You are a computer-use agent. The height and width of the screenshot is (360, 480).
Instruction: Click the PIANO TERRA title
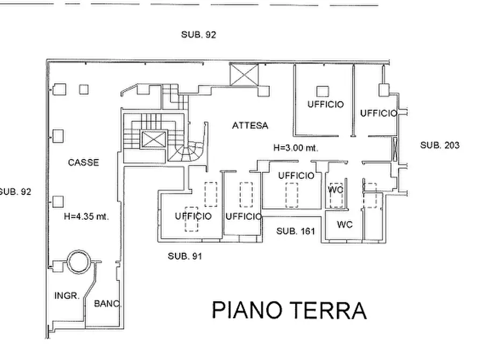click(x=289, y=311)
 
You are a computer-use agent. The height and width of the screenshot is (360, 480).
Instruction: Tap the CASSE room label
click(x=83, y=163)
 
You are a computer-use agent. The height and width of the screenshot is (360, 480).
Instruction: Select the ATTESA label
click(x=250, y=126)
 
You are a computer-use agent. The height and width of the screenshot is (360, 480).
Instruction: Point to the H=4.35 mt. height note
click(x=87, y=217)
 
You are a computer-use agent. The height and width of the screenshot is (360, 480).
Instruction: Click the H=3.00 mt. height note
click(x=296, y=148)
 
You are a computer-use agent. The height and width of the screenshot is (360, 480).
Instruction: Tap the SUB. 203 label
click(x=440, y=145)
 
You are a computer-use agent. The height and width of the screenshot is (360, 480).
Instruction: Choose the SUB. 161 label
click(x=296, y=231)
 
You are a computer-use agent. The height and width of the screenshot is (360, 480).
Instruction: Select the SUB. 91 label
click(x=185, y=256)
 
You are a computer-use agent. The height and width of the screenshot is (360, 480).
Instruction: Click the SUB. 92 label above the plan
click(x=199, y=34)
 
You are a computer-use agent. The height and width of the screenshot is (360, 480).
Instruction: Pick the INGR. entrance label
click(x=67, y=296)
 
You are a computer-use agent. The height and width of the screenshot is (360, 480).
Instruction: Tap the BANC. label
click(x=108, y=304)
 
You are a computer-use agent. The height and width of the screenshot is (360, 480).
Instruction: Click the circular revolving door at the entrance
click(x=78, y=262)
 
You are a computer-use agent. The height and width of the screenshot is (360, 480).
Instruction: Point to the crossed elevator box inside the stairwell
click(x=154, y=139)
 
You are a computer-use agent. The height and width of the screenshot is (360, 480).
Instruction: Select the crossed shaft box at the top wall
click(x=244, y=75)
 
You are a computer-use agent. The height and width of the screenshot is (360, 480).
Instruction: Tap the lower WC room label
click(x=345, y=225)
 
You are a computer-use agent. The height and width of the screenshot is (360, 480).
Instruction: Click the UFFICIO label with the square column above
click(x=326, y=104)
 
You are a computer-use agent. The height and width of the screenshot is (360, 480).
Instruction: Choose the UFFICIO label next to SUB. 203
click(x=379, y=113)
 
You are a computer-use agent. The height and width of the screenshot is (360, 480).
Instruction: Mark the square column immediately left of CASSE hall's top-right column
click(x=59, y=90)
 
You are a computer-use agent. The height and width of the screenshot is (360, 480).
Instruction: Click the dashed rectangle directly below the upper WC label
click(x=336, y=200)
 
